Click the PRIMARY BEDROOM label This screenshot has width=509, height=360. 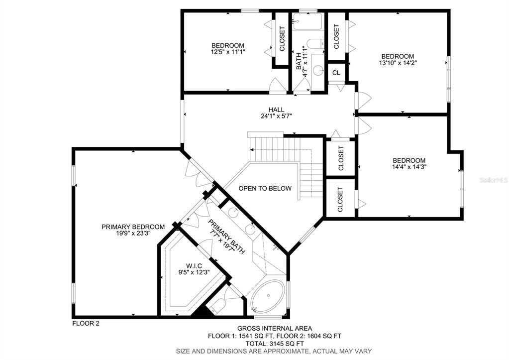133,227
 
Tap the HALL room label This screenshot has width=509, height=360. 277,110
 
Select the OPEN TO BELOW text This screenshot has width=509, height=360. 265,188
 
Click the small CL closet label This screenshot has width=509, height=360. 336,73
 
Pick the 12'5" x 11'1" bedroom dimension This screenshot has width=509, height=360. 228,51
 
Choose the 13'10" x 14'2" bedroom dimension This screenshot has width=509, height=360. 398,62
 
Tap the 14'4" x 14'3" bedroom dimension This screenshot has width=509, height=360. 409,167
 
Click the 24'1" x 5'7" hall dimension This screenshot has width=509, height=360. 277,116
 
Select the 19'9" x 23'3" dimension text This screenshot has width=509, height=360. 133,233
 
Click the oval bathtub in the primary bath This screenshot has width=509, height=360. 269,296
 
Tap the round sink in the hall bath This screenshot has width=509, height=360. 318,70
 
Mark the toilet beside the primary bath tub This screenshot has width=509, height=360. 217,305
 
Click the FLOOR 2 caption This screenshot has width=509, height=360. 86,323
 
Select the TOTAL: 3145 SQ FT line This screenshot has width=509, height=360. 275,344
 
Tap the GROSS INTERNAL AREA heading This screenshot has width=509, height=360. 275,329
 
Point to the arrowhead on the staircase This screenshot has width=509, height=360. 252,149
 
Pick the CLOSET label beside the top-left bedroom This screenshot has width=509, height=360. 282,39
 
